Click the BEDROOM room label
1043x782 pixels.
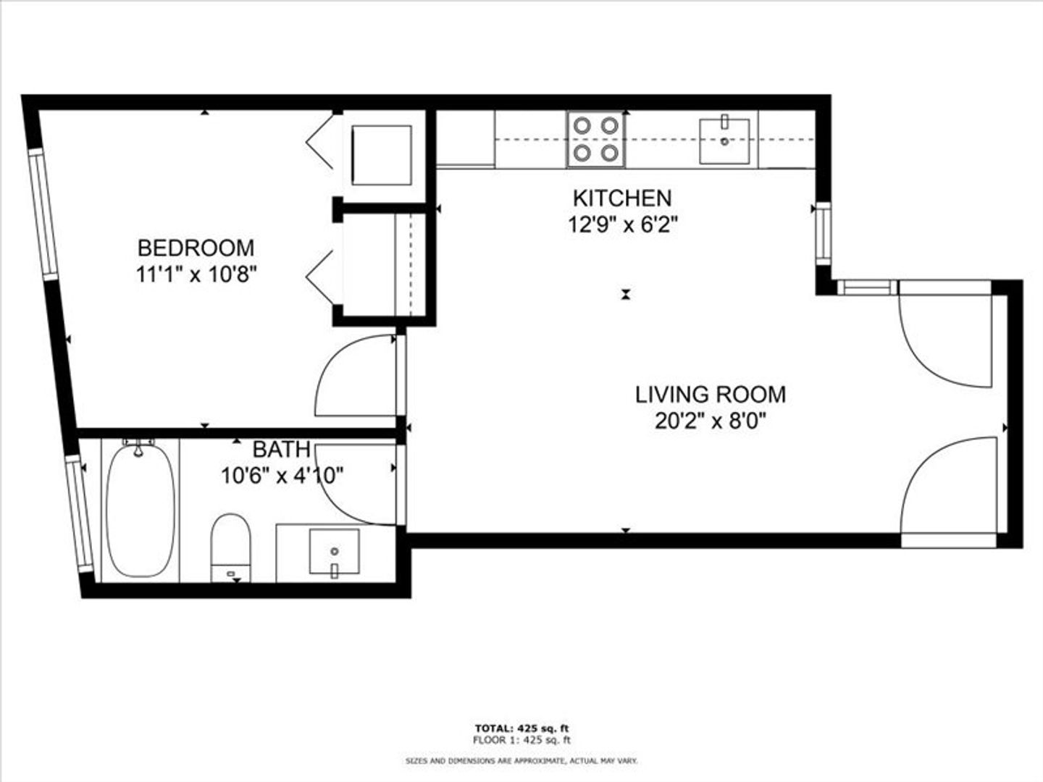196,248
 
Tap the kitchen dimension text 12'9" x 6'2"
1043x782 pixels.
622,224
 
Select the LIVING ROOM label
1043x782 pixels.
711,395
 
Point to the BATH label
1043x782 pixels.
282,449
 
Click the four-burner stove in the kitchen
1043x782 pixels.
596,140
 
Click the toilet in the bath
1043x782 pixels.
230,547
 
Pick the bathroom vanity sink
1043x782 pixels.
334,552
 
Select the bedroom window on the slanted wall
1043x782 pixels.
43,214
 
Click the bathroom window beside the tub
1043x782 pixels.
80,514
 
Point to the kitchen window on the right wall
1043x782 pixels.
824,233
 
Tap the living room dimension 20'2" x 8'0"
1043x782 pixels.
711,421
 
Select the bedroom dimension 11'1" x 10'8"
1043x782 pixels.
196,274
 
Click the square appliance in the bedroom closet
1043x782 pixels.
382,155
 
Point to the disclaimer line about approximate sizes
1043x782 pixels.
521,761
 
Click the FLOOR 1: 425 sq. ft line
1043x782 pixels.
521,740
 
